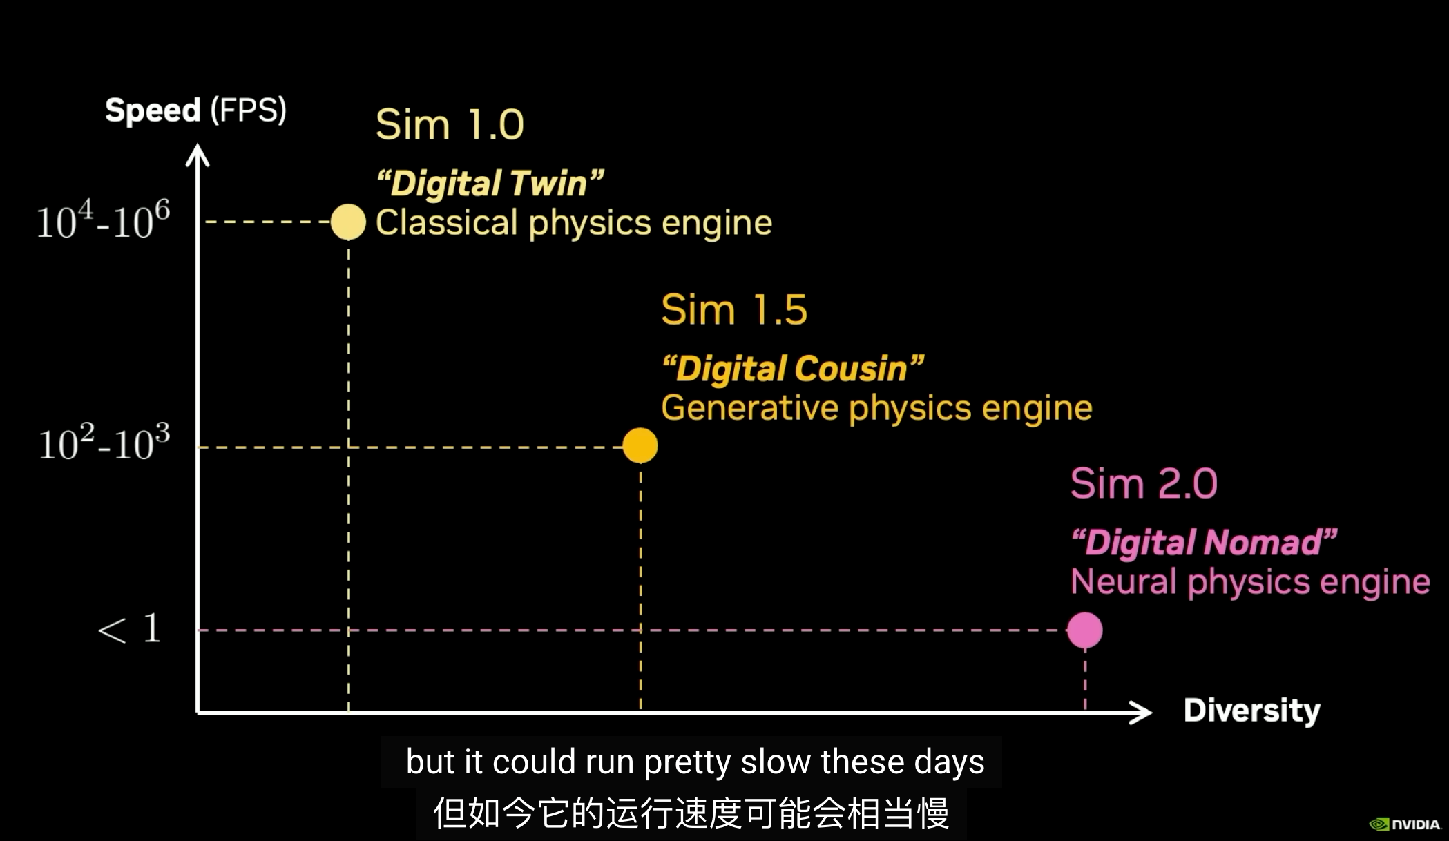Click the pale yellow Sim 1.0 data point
tap(348, 222)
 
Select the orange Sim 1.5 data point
tap(640, 445)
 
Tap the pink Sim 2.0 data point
tap(1084, 630)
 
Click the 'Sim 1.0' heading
tap(450, 125)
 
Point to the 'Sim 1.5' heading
tap(733, 309)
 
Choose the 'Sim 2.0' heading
tap(1143, 483)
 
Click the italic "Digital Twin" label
tap(490, 184)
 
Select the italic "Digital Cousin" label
tap(792, 369)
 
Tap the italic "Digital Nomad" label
tap(1204, 543)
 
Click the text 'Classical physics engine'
tap(573, 223)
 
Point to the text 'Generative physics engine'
tap(876, 408)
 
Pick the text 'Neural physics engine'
tap(1250, 582)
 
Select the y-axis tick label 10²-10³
tap(104, 443)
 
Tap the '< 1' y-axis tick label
tap(130, 629)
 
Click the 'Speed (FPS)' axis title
tap(195, 110)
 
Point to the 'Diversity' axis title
tap(1251, 710)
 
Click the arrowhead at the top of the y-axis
tap(198, 155)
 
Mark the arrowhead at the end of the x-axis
tap(1141, 712)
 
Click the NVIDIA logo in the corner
tap(1405, 824)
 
